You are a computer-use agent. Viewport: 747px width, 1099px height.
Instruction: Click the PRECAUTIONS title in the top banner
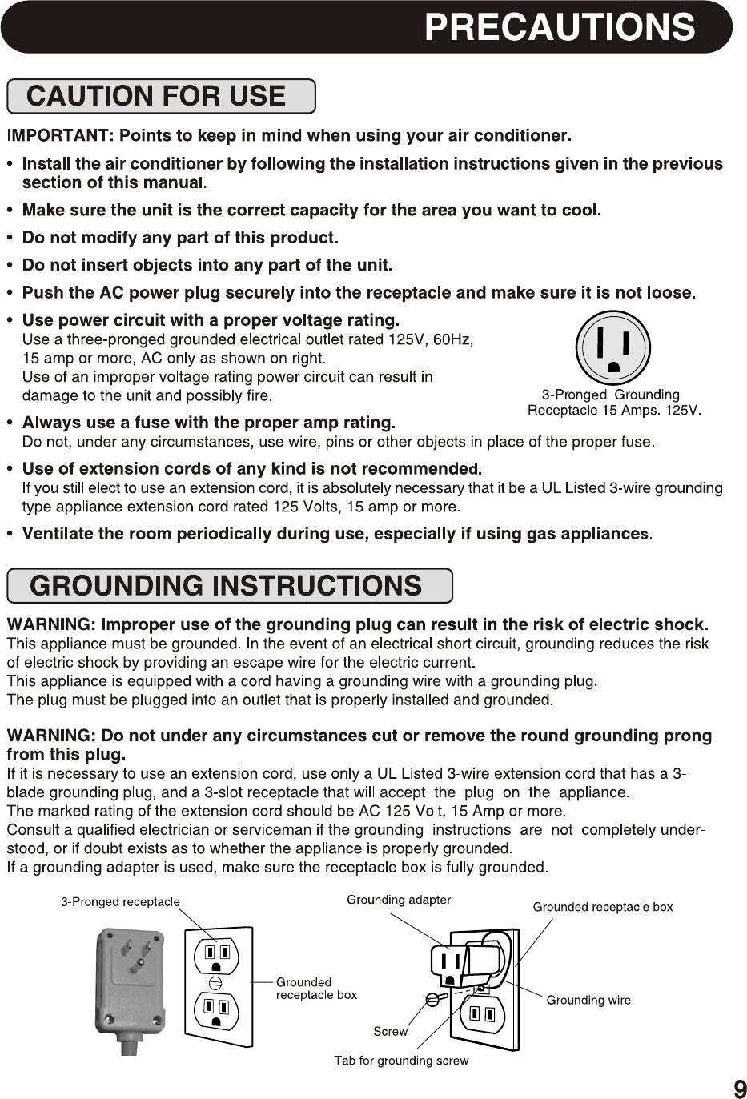tap(559, 27)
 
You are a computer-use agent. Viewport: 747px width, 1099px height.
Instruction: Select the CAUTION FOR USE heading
tap(156, 96)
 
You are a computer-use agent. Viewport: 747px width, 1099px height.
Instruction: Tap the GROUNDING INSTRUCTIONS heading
tap(226, 586)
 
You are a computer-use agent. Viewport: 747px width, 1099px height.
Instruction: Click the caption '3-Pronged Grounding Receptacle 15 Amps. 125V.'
tap(613, 403)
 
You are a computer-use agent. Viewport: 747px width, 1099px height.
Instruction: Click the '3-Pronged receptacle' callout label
tap(121, 902)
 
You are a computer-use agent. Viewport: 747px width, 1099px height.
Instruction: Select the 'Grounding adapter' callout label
tap(398, 900)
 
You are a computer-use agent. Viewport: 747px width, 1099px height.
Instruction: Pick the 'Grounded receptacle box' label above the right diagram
tap(603, 907)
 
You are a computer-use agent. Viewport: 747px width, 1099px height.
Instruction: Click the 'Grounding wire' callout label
tap(588, 1000)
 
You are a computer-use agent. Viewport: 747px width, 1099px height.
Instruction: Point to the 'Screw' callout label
tap(390, 1032)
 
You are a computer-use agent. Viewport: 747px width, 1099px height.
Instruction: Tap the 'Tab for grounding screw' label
tap(401, 1061)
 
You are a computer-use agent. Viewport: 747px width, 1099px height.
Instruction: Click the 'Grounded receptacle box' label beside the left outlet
tap(316, 988)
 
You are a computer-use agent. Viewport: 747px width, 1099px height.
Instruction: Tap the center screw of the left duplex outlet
tap(215, 983)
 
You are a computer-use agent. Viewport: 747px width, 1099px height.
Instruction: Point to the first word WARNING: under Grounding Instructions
tap(51, 624)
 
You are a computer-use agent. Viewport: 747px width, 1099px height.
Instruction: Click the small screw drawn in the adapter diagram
tap(433, 998)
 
